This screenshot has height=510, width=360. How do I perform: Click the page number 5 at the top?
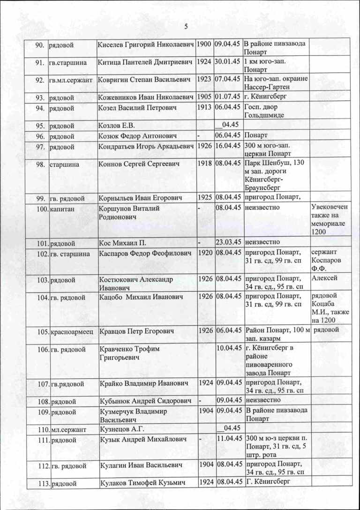(x=186, y=27)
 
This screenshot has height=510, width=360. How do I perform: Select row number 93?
(x=40, y=97)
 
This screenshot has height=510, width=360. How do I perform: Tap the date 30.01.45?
(x=227, y=61)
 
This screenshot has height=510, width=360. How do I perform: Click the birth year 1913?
(x=204, y=107)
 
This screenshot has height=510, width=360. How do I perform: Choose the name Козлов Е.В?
(x=117, y=125)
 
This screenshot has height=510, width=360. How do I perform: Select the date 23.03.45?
(x=227, y=242)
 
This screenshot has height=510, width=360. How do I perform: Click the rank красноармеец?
(x=72, y=332)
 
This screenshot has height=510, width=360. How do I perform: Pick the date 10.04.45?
(x=227, y=347)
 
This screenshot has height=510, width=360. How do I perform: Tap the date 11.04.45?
(x=227, y=439)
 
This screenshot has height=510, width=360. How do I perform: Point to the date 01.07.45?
(x=227, y=97)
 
